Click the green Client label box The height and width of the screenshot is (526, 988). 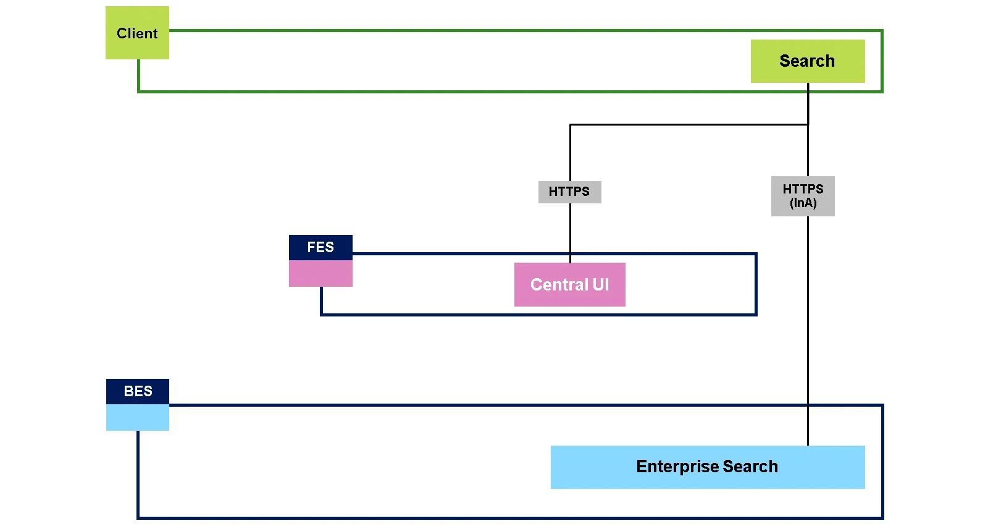coord(137,33)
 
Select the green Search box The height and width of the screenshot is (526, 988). coord(807,61)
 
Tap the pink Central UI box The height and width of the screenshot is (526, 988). coord(569,284)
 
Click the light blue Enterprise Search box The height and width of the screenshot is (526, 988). coord(707,467)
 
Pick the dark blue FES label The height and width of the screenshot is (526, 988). coord(320,247)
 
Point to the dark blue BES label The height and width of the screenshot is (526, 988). coord(138,391)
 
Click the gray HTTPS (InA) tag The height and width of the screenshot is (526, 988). coord(803,196)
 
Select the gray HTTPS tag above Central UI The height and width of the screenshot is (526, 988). coord(569,192)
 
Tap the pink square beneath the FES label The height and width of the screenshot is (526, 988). coord(320,273)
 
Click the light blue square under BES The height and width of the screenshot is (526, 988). coord(138,417)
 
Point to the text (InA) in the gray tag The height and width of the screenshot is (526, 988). coord(803,203)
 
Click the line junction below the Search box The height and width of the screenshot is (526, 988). coord(808,125)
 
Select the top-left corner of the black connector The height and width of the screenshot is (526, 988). coord(570,125)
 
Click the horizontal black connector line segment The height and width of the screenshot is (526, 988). coord(689,125)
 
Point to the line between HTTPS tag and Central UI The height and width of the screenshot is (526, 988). coord(570,232)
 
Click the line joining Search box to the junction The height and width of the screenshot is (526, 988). coord(808,104)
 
